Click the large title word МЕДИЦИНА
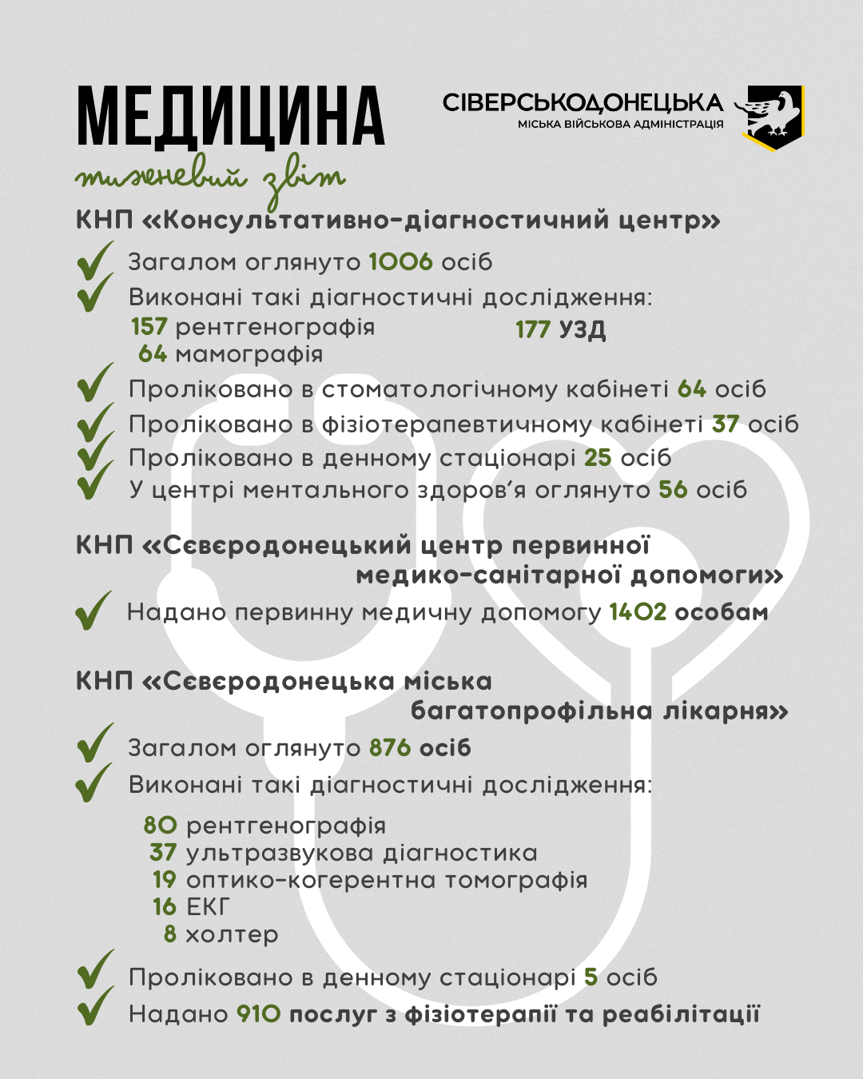231,117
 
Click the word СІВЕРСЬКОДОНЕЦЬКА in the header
583,103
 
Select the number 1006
400,262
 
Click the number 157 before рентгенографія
149,327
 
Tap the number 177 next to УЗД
533,329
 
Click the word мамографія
249,354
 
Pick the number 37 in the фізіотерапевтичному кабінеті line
726,424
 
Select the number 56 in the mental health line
673,490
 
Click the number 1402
638,613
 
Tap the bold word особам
722,613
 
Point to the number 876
390,748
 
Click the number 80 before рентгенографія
161,826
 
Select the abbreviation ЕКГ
208,907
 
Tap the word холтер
232,934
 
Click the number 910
259,1014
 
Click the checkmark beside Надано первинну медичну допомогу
94,611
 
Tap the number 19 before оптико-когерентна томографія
165,880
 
